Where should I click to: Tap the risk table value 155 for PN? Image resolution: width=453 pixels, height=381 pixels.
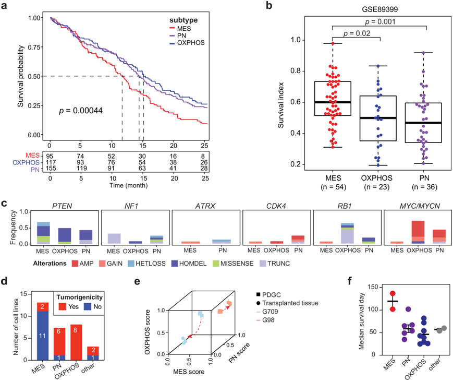[x=50, y=169]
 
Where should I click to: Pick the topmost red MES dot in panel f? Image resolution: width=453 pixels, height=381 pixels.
[x=392, y=294]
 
